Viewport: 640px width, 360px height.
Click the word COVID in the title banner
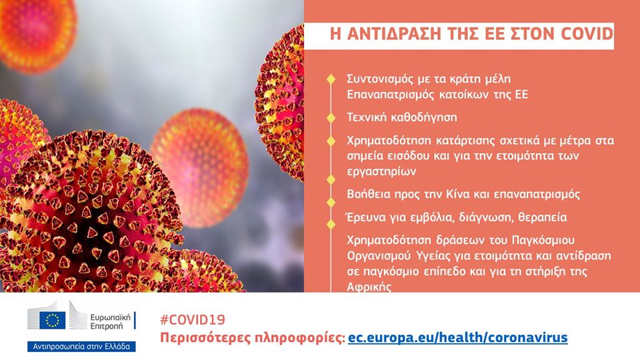tap(587, 34)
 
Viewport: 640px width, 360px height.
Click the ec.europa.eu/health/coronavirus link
tap(457, 338)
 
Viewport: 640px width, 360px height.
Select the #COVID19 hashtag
tap(192, 319)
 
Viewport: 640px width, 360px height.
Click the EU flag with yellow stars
tap(52, 320)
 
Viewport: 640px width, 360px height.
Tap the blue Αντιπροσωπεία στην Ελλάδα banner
tap(81, 347)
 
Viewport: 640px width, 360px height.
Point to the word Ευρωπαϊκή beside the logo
tap(110, 317)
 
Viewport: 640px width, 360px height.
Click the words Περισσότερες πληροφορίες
tap(253, 339)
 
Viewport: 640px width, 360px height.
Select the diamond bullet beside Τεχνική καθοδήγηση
tap(331, 117)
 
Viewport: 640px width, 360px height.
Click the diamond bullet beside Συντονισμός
tap(331, 79)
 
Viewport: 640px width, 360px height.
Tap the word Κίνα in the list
tap(461, 194)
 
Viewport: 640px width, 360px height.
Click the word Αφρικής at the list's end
tap(369, 287)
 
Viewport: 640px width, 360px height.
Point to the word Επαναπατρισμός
tap(390, 95)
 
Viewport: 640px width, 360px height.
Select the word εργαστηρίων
tap(381, 171)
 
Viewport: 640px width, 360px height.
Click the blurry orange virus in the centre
tap(199, 167)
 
